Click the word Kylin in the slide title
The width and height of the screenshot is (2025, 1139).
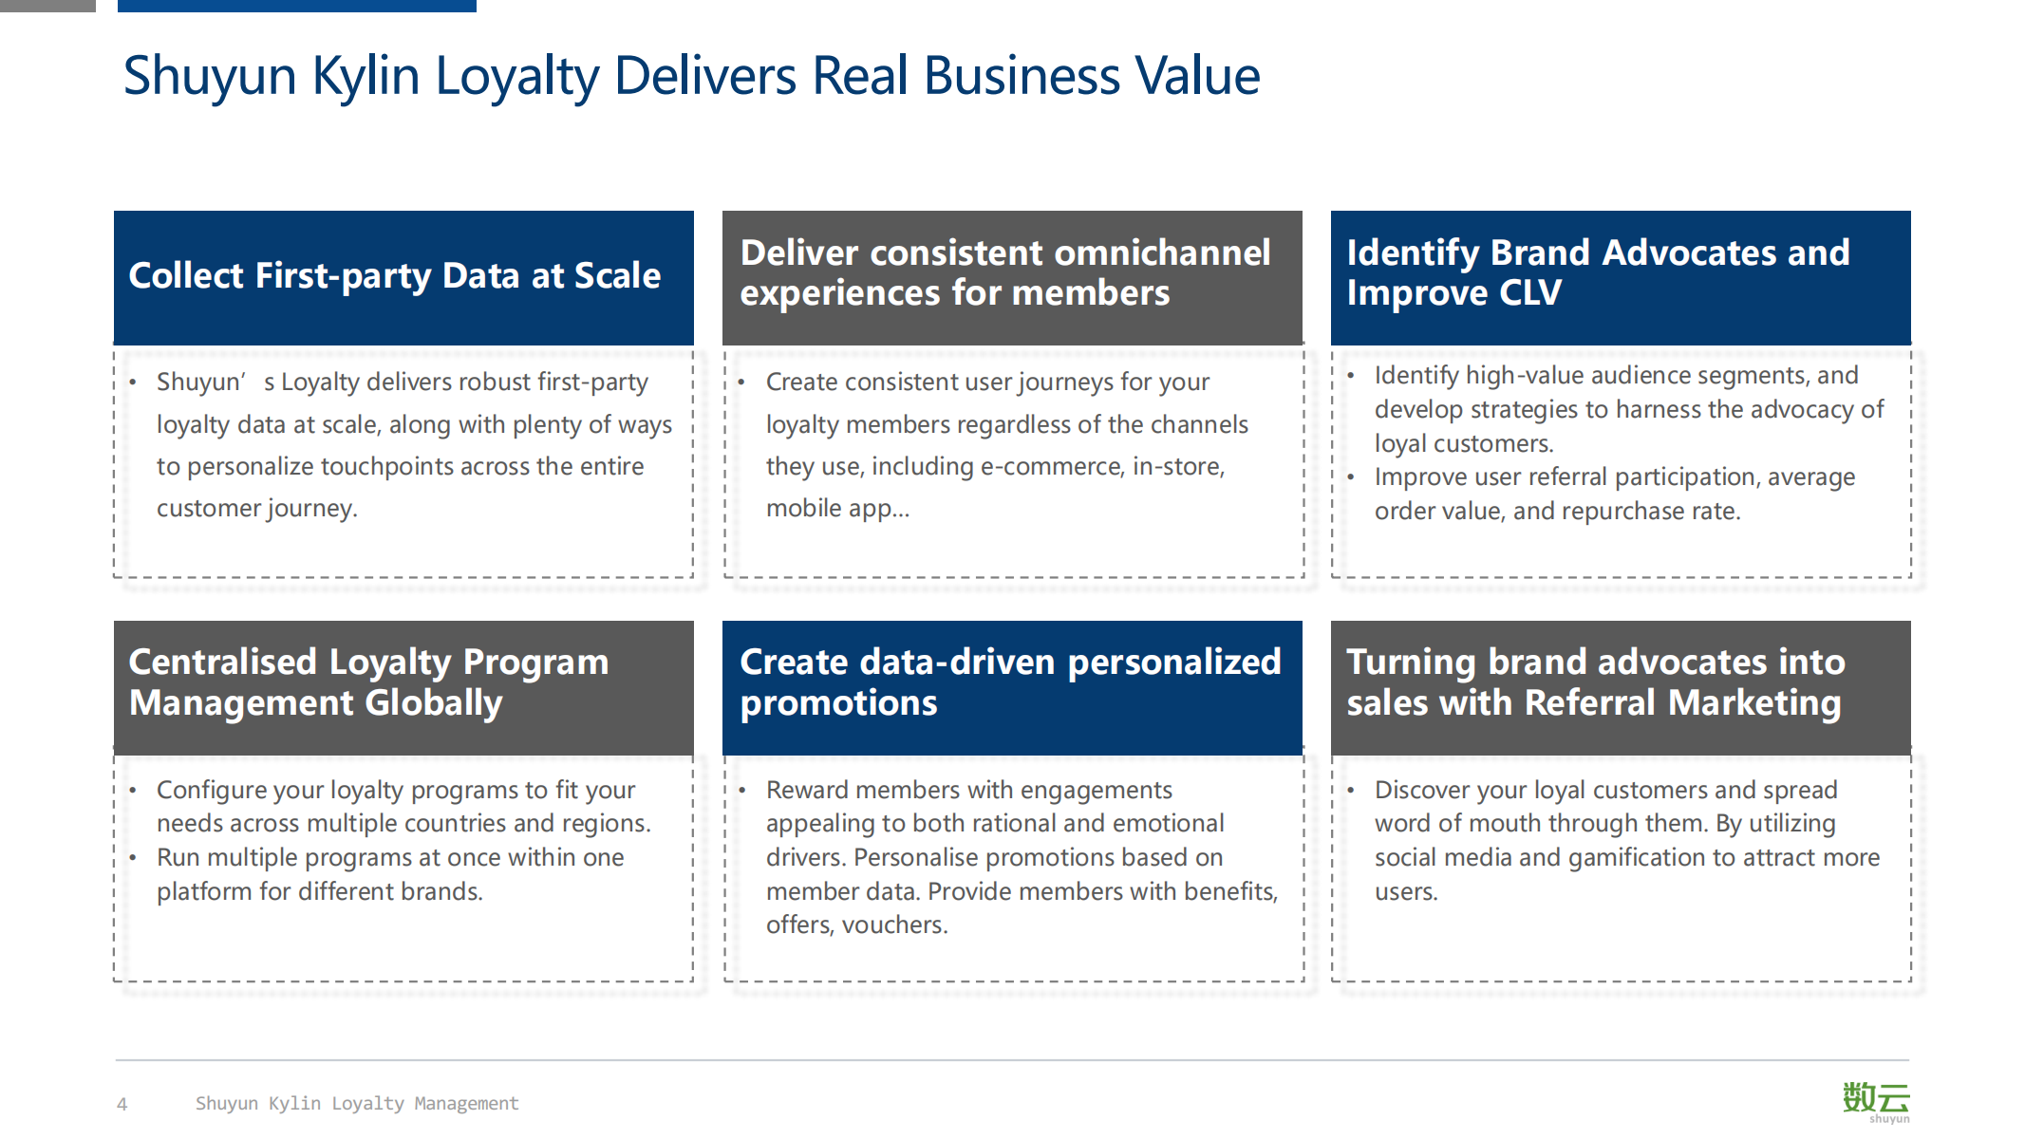coord(366,76)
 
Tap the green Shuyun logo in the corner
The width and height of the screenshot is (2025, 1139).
coord(1876,1101)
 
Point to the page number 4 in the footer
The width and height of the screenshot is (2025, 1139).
coord(122,1104)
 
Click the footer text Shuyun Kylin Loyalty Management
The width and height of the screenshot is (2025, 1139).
coord(357,1103)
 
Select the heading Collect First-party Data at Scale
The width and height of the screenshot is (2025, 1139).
coord(395,275)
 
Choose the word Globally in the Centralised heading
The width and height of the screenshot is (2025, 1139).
coord(434,703)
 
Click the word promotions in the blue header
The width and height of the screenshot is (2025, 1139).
coord(838,703)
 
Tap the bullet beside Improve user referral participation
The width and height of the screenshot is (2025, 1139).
coord(1350,476)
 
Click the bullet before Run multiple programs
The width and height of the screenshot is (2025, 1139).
coord(133,857)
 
